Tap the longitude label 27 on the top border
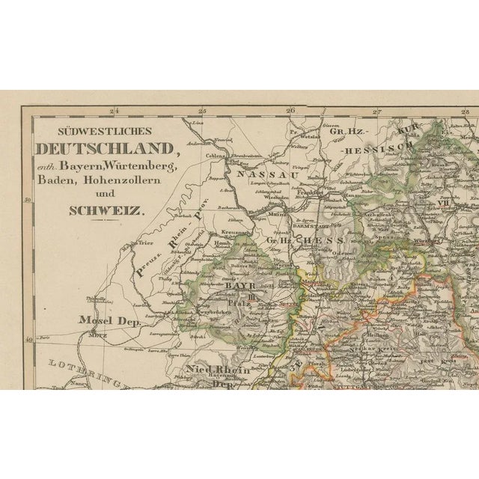378,112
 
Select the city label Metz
97,335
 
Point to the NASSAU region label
251,173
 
